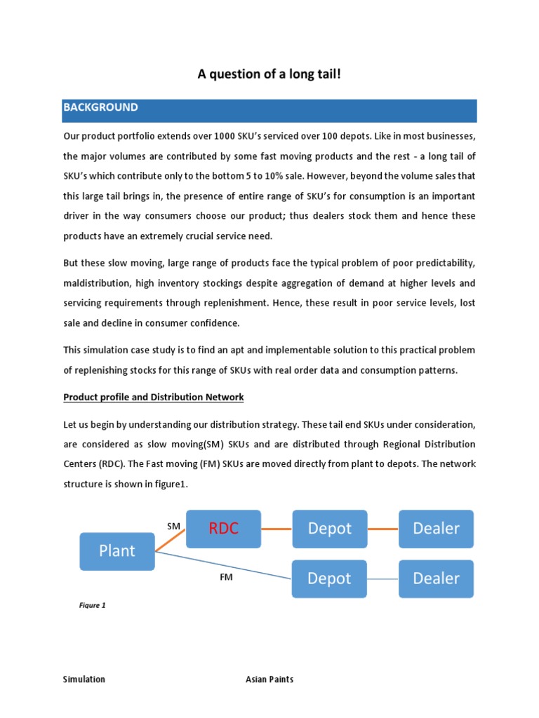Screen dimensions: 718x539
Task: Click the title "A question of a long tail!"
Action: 269,74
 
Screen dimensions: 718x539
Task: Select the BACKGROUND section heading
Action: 100,108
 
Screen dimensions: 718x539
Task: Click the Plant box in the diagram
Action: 117,551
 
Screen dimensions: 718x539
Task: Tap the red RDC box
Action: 223,529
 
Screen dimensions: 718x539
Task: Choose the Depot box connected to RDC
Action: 329,529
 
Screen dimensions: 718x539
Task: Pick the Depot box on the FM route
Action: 329,578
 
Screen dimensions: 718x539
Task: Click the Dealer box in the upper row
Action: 436,529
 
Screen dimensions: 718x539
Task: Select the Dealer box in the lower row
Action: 436,578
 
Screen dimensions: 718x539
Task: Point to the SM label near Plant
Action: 173,525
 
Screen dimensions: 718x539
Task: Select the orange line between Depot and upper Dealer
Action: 382,529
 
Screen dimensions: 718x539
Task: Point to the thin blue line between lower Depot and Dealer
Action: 382,578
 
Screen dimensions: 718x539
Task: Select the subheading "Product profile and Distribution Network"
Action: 154,397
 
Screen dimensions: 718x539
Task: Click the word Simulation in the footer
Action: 84,679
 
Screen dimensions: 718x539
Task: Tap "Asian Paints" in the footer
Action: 269,679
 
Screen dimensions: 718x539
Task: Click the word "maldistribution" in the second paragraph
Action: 98,284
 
